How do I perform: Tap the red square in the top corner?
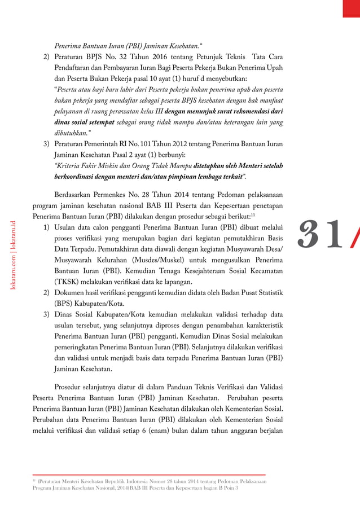(x=351, y=8)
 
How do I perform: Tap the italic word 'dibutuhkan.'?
(x=72, y=133)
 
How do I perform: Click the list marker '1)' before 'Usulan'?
(x=46, y=227)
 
